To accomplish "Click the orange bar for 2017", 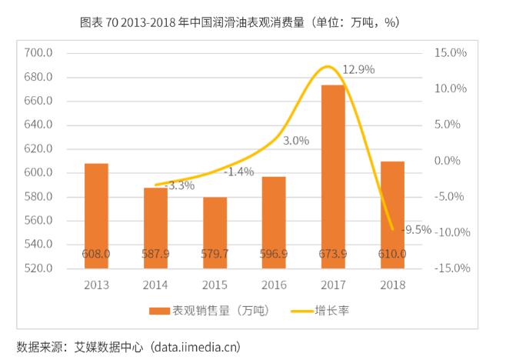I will [333, 176].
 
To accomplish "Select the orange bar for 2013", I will [96, 215].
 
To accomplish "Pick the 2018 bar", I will [392, 215].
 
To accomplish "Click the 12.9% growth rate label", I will [358, 69].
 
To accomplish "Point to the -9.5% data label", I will [416, 229].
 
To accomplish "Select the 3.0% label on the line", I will [296, 141].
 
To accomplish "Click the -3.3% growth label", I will [181, 185].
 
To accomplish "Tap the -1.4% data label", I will [239, 172].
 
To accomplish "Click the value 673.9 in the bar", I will [333, 253].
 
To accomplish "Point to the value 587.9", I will [155, 253].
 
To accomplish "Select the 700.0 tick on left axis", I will [38, 53].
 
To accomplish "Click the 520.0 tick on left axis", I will [38, 268].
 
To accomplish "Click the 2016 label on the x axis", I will [274, 285].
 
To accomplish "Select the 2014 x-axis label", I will [155, 285].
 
